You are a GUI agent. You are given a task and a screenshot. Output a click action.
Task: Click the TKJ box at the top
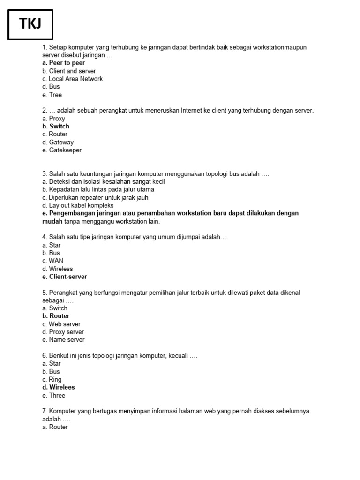pyautogui.click(x=30, y=24)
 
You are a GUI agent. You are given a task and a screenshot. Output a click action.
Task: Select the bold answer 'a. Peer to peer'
pyautogui.click(x=63, y=63)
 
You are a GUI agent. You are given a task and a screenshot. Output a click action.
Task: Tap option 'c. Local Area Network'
pyautogui.click(x=72, y=79)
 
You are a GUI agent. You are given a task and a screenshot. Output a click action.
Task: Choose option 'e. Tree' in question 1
pyautogui.click(x=52, y=95)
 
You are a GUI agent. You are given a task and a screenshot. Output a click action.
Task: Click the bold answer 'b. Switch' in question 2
pyautogui.click(x=56, y=126)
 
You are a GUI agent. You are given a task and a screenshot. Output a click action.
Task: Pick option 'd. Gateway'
pyautogui.click(x=58, y=142)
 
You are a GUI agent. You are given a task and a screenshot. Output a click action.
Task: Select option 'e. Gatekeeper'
pyautogui.click(x=61, y=150)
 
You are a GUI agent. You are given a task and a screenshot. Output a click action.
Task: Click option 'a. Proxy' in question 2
pyautogui.click(x=53, y=119)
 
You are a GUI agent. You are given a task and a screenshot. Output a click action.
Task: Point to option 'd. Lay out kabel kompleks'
pyautogui.click(x=78, y=205)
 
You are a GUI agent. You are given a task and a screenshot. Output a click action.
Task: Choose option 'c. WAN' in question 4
pyautogui.click(x=52, y=261)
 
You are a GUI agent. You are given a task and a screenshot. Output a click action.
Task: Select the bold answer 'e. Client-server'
pyautogui.click(x=65, y=277)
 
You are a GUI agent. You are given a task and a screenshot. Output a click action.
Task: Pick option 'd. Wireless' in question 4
pyautogui.click(x=57, y=269)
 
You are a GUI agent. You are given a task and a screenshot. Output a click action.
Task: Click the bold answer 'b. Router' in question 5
pyautogui.click(x=56, y=316)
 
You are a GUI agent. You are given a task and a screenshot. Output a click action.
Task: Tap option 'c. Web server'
pyautogui.click(x=61, y=324)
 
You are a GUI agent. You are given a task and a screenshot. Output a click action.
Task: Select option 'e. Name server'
pyautogui.click(x=63, y=340)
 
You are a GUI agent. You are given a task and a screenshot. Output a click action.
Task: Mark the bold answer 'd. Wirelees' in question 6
pyautogui.click(x=59, y=387)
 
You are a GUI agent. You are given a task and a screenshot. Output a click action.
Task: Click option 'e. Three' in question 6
pyautogui.click(x=53, y=395)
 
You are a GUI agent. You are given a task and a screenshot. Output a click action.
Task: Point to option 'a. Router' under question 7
pyautogui.click(x=55, y=427)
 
